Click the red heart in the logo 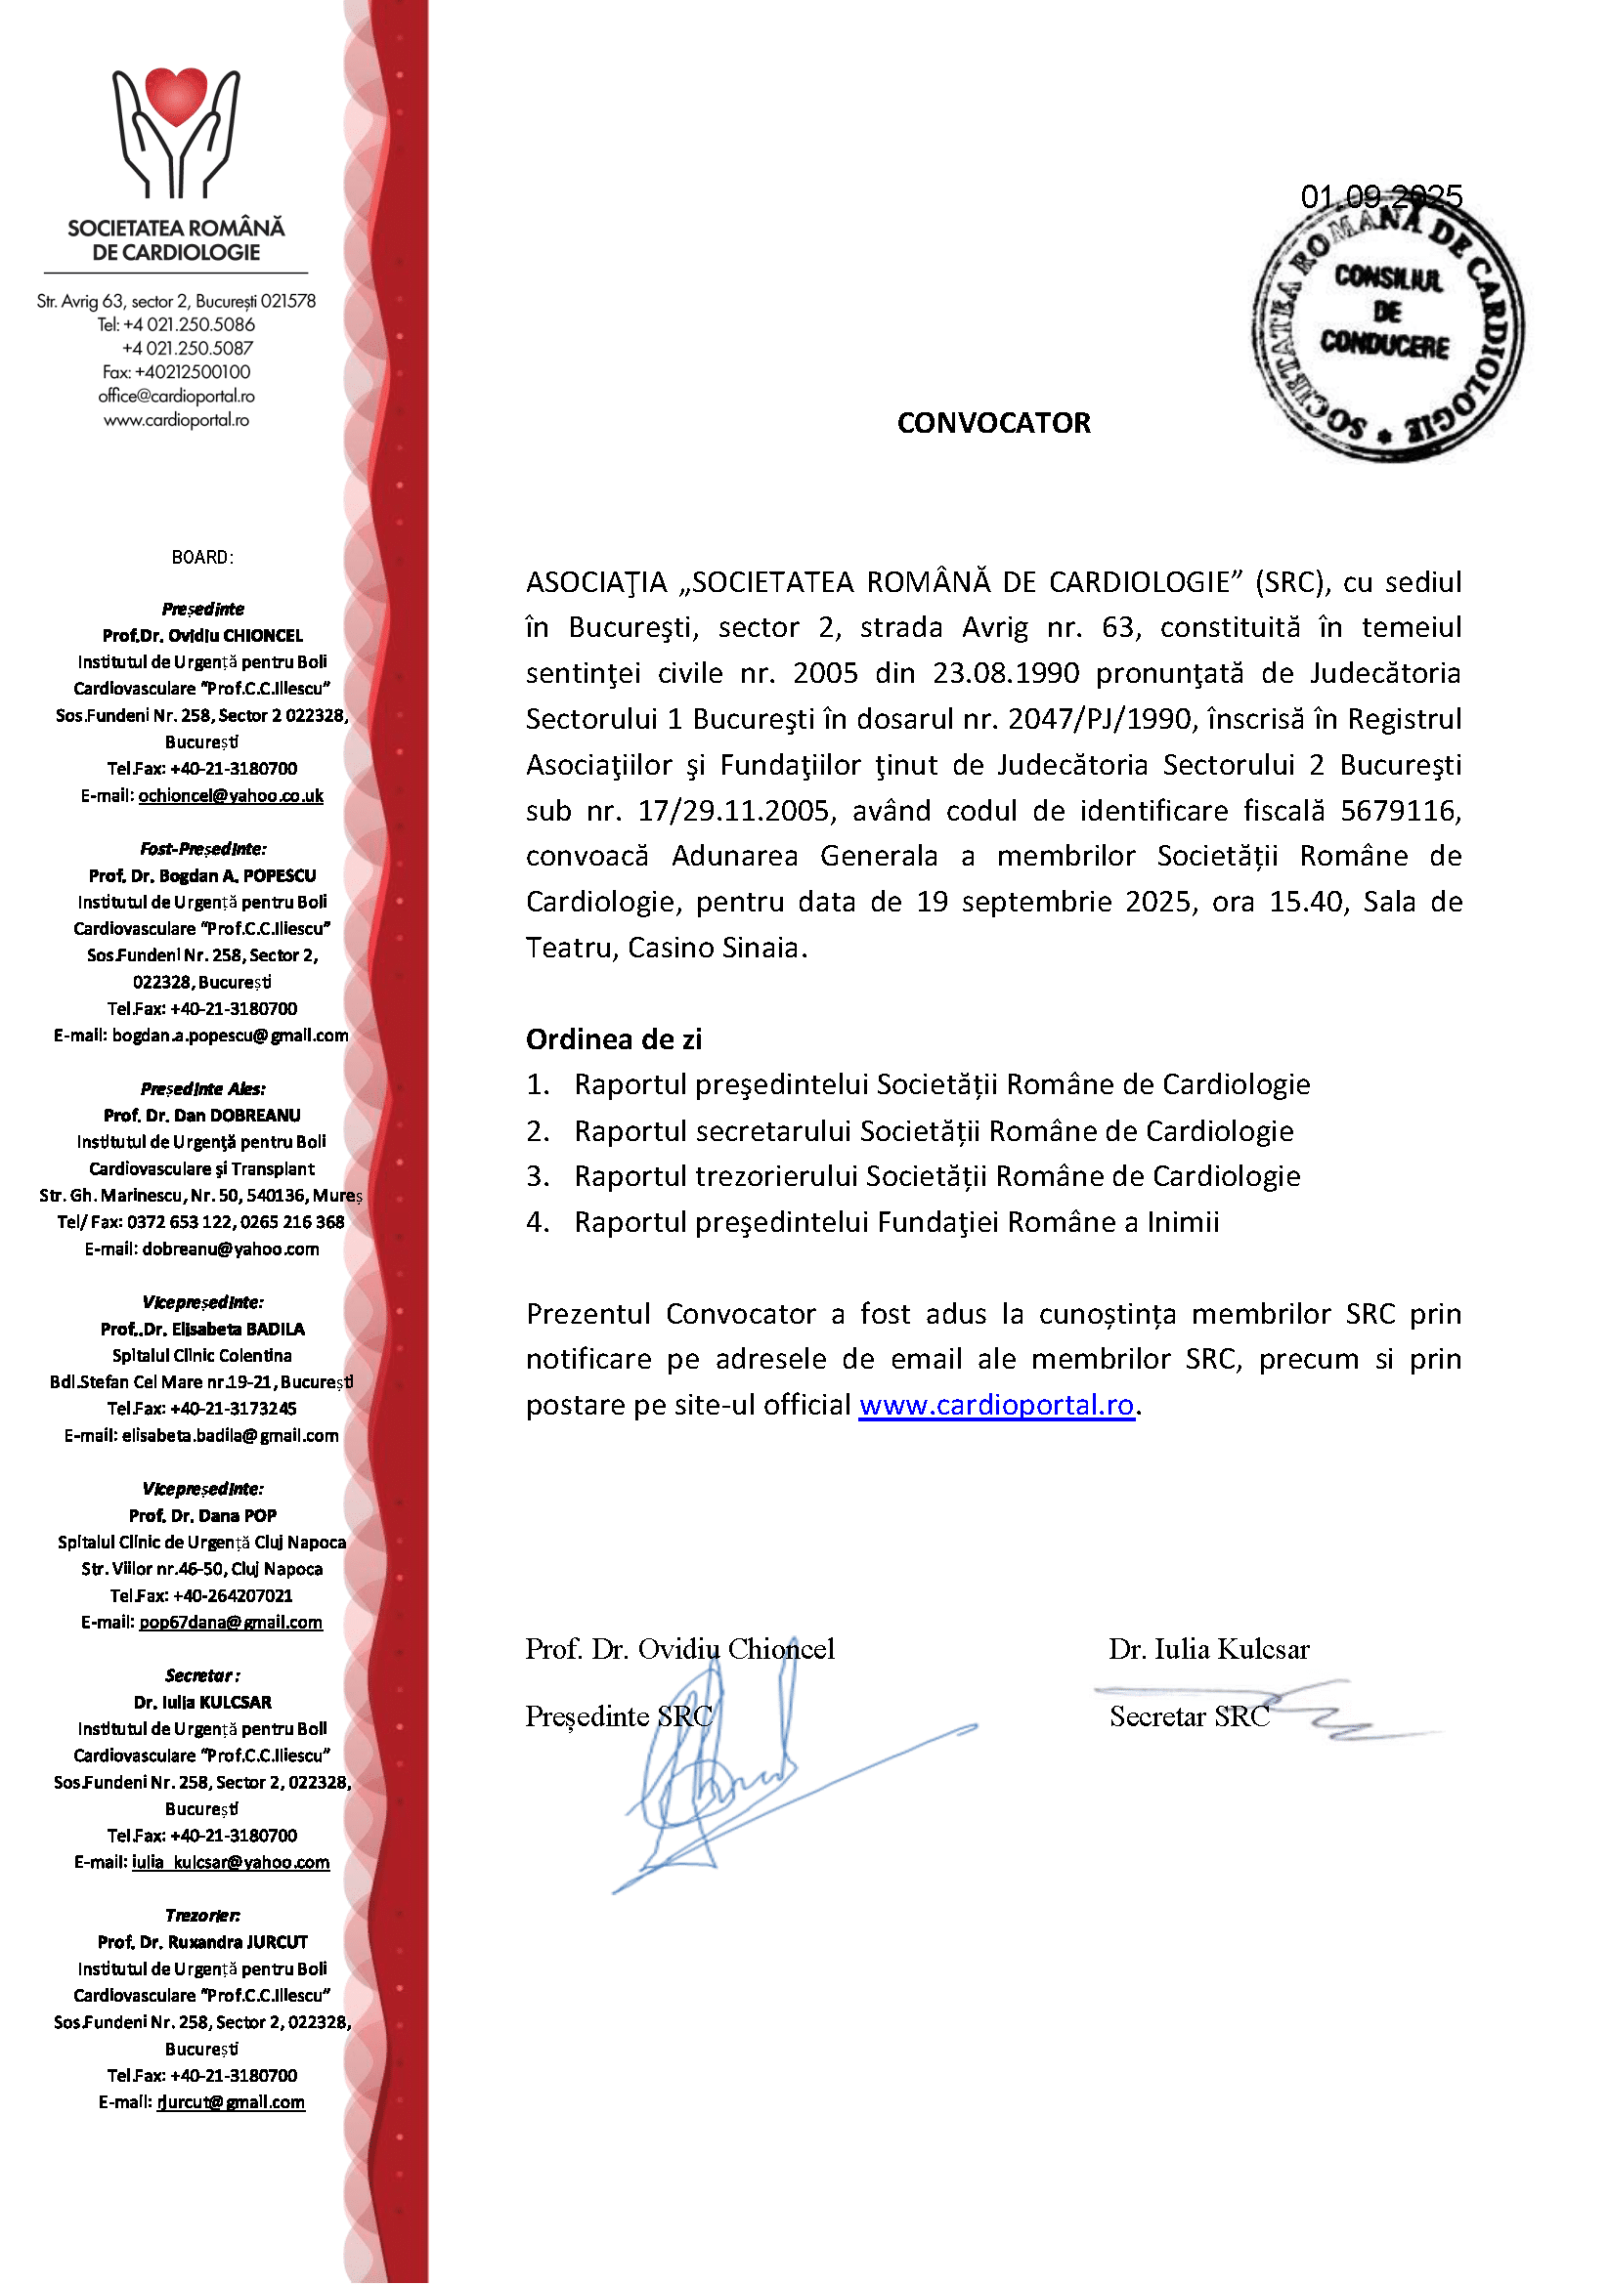pos(176,98)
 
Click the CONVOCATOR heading pos(993,423)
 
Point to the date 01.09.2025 pos(1380,196)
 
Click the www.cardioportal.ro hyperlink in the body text pos(996,1404)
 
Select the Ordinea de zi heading pos(613,1039)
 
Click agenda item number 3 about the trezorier pos(935,1176)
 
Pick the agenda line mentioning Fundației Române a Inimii pos(896,1222)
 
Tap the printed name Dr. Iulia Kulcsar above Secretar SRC pos(1209,1649)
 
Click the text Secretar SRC pos(1189,1716)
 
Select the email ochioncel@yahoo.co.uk pos(230,795)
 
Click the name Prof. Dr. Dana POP pos(202,1516)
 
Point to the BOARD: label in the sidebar pos(202,557)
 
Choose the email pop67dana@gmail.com pos(230,1623)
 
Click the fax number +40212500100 pos(193,372)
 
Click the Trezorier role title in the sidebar pos(202,1915)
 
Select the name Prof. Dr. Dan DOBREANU pos(202,1116)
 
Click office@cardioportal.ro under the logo pos(176,396)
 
